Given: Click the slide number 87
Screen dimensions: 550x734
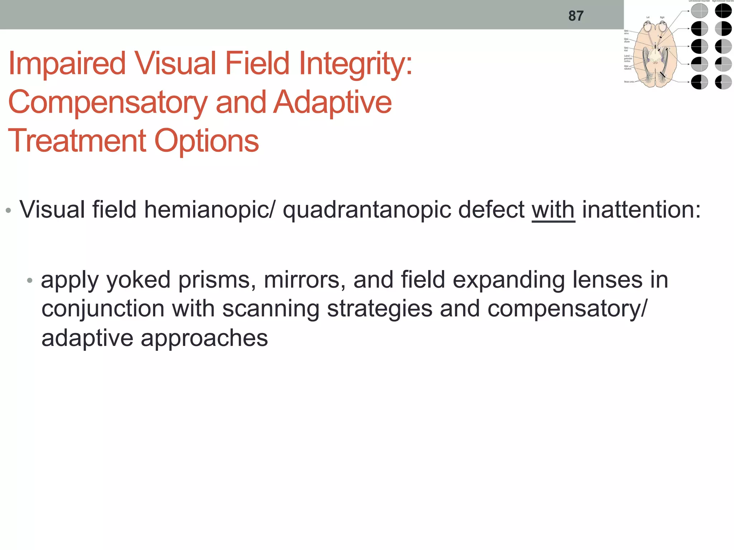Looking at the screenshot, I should pos(576,16).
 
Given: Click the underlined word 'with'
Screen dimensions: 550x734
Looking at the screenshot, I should pos(553,210).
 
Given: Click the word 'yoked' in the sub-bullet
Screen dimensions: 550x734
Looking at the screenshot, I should pos(138,280).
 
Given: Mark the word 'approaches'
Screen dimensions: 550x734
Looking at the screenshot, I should pos(204,338).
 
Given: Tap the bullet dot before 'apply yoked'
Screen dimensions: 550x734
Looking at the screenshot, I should pos(30,280).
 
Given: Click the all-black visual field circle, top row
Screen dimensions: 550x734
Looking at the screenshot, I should pos(723,11).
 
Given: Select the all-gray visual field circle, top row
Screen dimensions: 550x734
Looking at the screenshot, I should pos(699,11).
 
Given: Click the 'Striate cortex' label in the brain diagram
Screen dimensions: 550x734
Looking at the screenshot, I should pos(629,82).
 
